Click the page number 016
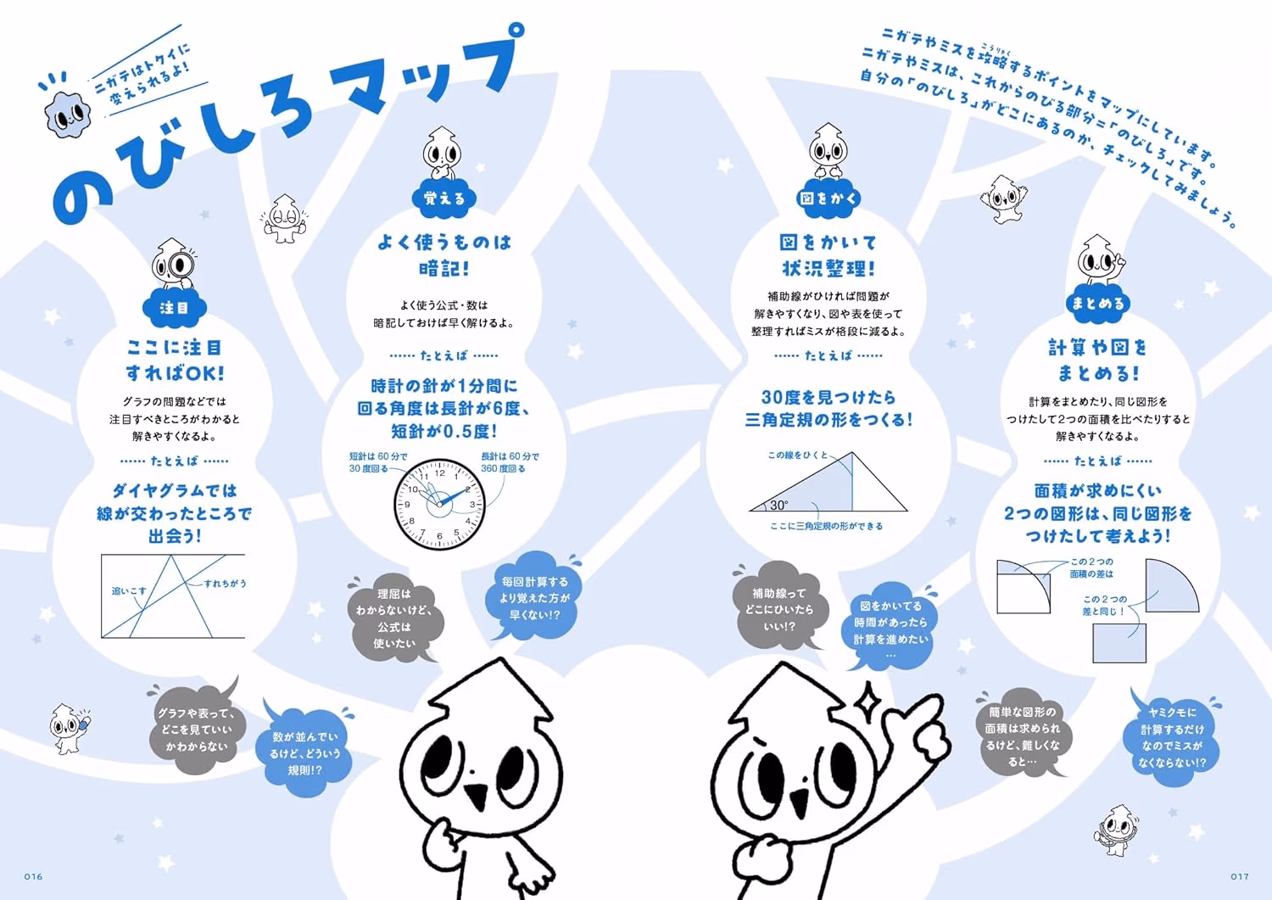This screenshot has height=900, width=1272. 33,876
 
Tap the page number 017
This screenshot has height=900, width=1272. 1240,876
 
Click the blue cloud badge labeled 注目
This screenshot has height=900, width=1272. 175,308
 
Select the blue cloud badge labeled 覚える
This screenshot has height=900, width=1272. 444,198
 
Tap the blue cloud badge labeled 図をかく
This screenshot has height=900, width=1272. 828,198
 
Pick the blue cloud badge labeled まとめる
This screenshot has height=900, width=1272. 1097,304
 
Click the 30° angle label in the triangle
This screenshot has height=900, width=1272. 779,505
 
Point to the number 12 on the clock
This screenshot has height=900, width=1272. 439,472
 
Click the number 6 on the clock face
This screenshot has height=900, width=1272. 439,536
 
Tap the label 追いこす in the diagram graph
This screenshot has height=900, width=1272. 129,591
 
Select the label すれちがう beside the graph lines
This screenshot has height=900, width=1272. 226,584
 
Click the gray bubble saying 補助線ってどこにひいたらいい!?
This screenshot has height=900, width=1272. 778,608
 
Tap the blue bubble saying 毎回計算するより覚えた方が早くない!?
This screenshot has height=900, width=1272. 534,596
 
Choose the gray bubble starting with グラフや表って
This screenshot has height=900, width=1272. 196,729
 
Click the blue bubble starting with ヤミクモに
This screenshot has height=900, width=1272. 1172,737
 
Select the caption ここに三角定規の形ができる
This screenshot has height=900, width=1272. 826,526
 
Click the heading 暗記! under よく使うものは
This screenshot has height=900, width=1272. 444,268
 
